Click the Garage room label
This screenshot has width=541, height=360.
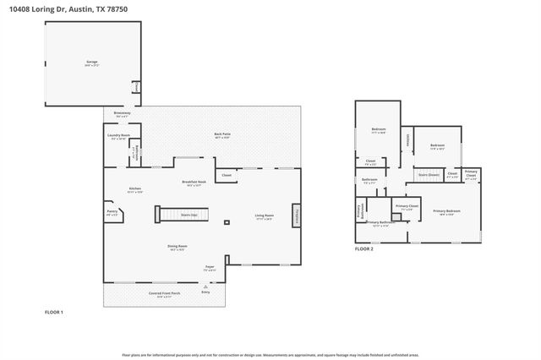point(91,63)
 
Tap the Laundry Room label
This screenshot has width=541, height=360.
point(118,136)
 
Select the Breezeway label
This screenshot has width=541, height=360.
point(122,113)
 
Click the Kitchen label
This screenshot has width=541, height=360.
point(135,189)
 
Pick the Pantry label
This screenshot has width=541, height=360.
point(112,212)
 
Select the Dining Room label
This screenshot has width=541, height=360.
point(177,248)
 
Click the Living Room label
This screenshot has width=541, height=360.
point(265,216)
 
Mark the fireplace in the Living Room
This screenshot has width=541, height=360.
point(297,215)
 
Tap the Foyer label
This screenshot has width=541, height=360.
point(210,268)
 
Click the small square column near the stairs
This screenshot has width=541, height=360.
point(226,223)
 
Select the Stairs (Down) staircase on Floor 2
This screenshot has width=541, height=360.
point(429,175)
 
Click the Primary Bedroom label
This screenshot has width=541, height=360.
point(446,211)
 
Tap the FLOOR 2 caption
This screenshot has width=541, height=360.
point(363,249)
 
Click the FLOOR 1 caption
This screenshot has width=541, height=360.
point(54,313)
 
